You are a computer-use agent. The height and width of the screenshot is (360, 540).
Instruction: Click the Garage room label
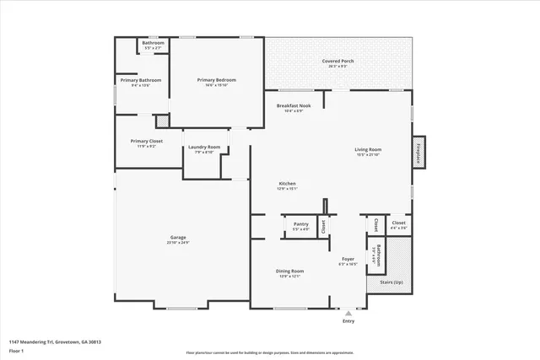[x=178, y=238]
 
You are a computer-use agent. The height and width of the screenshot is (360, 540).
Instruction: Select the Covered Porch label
[x=336, y=62]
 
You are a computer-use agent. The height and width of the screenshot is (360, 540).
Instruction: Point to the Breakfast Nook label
[x=294, y=105]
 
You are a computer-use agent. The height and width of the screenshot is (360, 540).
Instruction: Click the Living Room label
[x=368, y=150]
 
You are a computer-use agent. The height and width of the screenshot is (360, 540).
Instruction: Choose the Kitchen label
[x=288, y=184]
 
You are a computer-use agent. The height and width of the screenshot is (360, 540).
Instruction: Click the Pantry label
[x=300, y=223]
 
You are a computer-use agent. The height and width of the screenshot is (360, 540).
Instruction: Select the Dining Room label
[x=289, y=271]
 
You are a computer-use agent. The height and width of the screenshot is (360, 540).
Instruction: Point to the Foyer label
[x=348, y=259]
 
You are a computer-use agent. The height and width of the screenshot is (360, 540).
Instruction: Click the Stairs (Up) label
[x=391, y=282]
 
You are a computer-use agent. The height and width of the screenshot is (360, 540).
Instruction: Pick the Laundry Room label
[x=203, y=147]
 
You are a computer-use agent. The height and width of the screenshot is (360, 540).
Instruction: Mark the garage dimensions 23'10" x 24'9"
[x=178, y=243]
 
